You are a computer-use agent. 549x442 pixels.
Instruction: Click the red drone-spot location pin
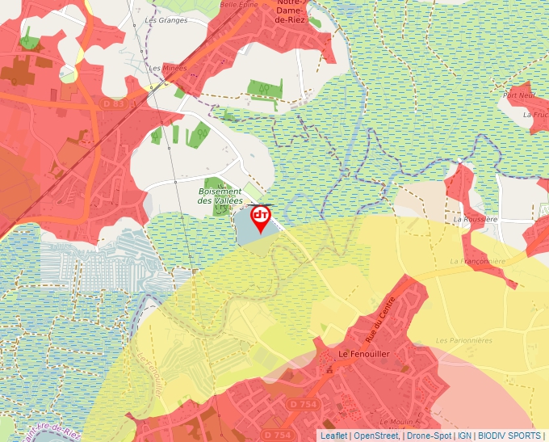(261, 217)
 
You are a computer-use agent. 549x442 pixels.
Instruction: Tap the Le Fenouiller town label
(365, 354)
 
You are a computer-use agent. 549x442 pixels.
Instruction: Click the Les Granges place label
(166, 20)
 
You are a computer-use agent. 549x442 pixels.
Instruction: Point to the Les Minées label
(168, 69)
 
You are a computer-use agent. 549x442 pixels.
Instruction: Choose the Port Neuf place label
(519, 95)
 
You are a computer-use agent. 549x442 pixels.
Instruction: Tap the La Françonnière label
(477, 262)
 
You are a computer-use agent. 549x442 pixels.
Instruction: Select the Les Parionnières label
(463, 341)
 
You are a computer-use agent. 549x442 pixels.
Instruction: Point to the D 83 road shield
(114, 104)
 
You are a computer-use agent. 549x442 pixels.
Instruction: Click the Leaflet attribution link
(333, 436)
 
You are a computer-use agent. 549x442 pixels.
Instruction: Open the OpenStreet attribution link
(375, 436)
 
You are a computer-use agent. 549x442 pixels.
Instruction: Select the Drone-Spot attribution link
(429, 436)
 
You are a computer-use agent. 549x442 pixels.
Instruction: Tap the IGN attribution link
(464, 436)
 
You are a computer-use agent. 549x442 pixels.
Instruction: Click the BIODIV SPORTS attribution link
(509, 436)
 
